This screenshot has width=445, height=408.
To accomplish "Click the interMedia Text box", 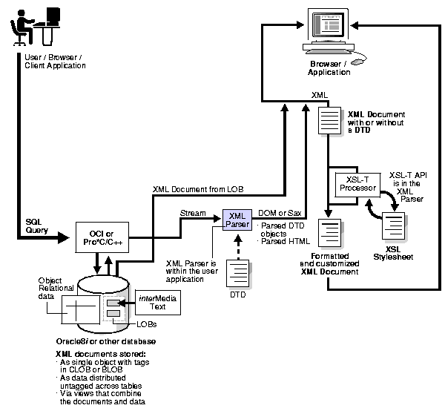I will point(156,303).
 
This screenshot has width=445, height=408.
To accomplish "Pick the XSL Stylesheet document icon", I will point(391,224).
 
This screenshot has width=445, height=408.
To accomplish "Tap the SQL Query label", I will point(37,226).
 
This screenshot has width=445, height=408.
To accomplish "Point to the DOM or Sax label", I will point(279,213).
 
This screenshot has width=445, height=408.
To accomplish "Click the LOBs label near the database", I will point(146,325).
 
